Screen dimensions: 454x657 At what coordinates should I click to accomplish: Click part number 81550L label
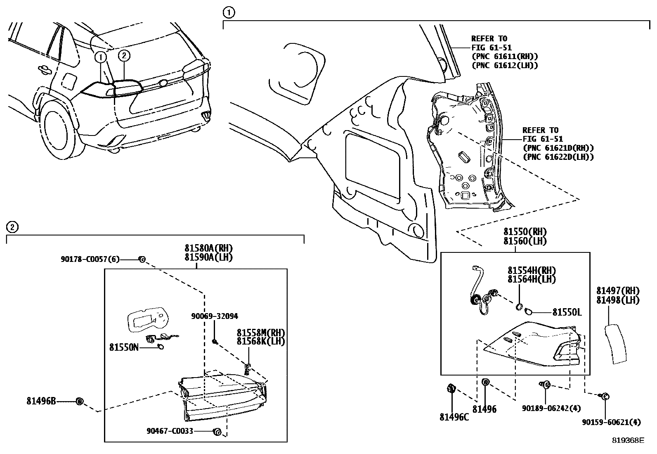pyautogui.click(x=567, y=312)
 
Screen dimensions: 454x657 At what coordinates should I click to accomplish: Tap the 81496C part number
pyautogui.click(x=454, y=417)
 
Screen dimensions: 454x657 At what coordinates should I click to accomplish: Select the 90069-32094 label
pyautogui.click(x=214, y=316)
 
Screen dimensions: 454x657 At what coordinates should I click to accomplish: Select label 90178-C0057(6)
pyautogui.click(x=90, y=259)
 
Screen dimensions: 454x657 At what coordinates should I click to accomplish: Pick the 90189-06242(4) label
pyautogui.click(x=551, y=408)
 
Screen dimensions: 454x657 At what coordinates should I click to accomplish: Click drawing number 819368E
pyautogui.click(x=628, y=440)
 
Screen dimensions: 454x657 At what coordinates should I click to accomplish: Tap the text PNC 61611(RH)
pyautogui.click(x=505, y=57)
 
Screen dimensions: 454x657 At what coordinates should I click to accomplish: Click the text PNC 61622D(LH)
pyautogui.click(x=558, y=157)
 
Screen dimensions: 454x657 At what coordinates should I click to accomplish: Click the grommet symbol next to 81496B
pyautogui.click(x=80, y=401)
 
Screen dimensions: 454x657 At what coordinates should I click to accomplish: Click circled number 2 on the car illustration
pyautogui.click(x=124, y=55)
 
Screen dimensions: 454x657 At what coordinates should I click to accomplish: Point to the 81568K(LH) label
pyautogui.click(x=261, y=341)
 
